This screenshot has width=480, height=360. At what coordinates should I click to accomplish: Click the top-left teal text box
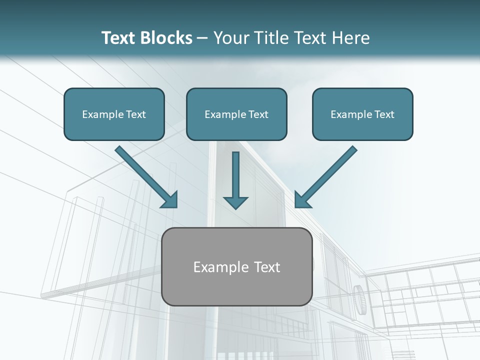pos(114,114)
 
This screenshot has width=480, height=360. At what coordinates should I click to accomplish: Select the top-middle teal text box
pos(236,114)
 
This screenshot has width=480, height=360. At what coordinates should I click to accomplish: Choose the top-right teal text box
pos(362,114)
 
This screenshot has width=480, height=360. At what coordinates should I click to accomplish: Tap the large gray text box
pos(237,266)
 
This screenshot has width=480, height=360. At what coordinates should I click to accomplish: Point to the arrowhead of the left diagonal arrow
pos(170,200)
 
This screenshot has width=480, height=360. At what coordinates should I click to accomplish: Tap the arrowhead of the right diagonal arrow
pos(301,200)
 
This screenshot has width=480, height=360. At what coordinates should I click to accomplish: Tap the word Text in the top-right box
pos(384,114)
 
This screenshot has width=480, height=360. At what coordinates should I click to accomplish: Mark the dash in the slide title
pos(202,38)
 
